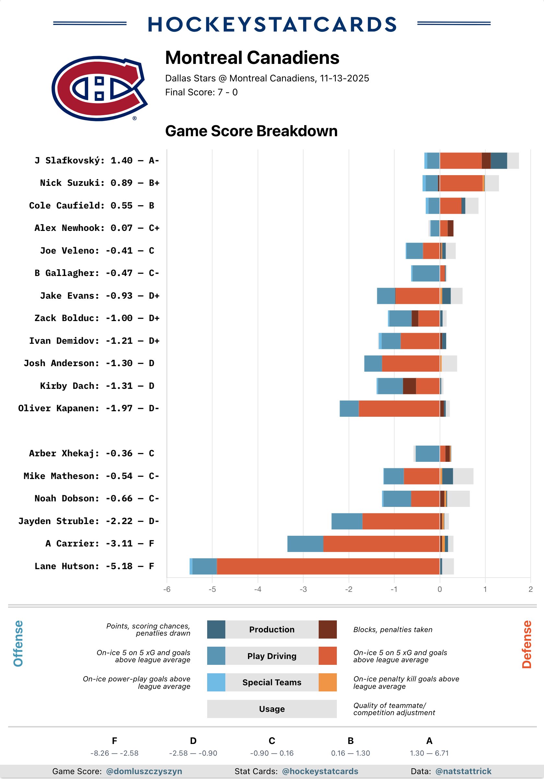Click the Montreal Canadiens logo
pos(99,88)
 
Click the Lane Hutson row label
pos(94,566)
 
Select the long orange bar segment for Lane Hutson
pos(328,566)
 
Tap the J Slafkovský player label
pos(97,161)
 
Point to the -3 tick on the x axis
pos(303,589)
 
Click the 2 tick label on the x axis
pos(530,589)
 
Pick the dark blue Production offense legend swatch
pos(216,629)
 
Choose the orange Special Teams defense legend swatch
pos(328,682)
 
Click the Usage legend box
pos(272,709)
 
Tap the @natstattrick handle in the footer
pos(463,771)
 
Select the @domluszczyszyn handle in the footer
pos(144,771)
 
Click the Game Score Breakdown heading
pos(251,131)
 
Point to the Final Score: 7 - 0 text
pos(201,92)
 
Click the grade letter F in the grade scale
pos(114,741)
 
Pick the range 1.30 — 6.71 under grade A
pos(429,753)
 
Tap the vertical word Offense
pos(18,643)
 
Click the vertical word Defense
pos(526,644)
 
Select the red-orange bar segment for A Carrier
pos(381,544)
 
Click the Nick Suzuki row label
pos(100,183)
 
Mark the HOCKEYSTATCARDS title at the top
pos(272,24)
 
